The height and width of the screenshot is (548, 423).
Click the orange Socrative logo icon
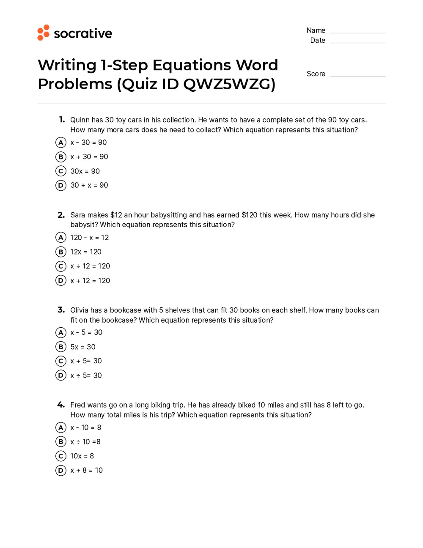(44, 33)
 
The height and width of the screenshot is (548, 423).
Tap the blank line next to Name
(357, 32)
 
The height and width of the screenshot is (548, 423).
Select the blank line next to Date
(357, 41)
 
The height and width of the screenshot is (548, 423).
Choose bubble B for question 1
(61, 157)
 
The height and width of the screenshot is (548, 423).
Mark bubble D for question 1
(61, 185)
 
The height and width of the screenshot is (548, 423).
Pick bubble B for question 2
(61, 252)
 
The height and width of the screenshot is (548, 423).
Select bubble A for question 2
(61, 238)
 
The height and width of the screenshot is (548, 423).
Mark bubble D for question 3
(61, 375)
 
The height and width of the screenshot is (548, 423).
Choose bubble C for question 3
(61, 361)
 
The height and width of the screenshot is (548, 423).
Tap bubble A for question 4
(61, 427)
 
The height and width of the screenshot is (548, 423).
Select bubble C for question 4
(61, 456)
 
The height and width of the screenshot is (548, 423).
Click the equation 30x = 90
(85, 171)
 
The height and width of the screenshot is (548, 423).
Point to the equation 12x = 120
(86, 252)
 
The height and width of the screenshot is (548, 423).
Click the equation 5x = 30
(83, 347)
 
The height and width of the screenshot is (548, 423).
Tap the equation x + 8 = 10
(86, 471)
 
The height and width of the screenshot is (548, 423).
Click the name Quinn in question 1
(80, 120)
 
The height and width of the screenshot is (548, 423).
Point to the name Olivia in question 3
(80, 310)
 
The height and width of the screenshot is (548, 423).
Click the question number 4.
(61, 405)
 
